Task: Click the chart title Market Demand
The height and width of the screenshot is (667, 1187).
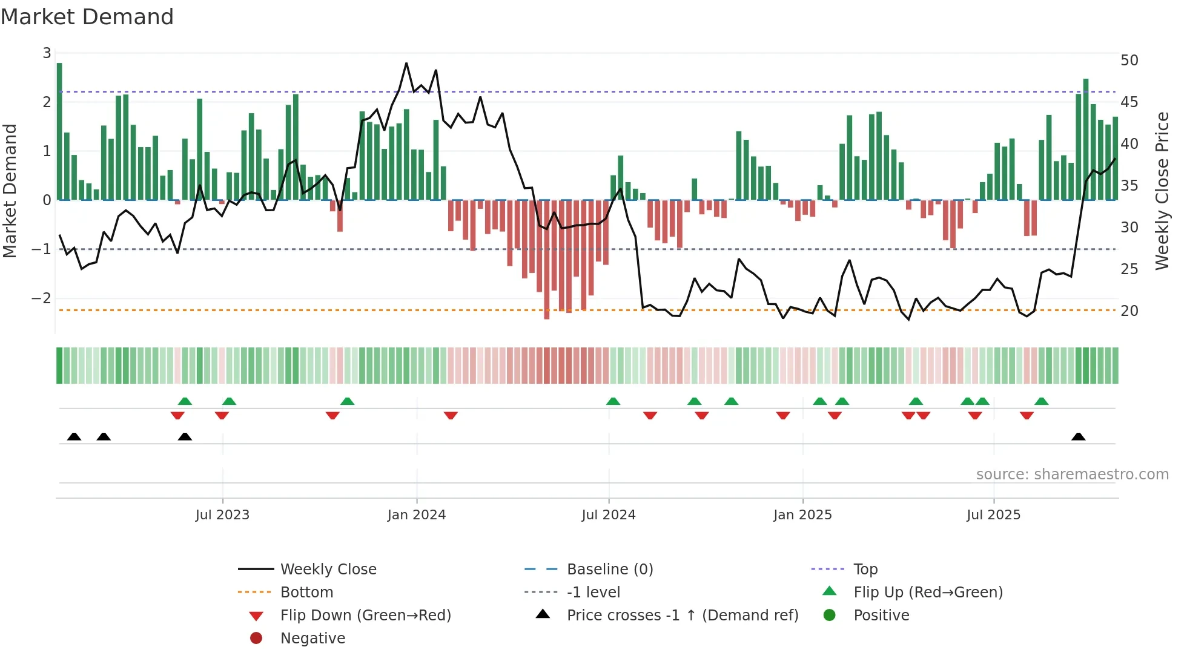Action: [87, 17]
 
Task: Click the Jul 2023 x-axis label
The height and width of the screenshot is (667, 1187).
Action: [222, 515]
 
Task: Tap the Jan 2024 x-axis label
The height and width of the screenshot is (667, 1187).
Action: [417, 515]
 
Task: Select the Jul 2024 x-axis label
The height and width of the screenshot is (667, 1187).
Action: [609, 515]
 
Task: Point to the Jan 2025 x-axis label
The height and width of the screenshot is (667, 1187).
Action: [802, 515]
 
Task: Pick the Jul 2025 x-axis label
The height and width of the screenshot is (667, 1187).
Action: [993, 515]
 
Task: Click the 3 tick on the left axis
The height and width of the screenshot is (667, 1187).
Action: [47, 53]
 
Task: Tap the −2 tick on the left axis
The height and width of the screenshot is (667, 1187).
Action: [41, 298]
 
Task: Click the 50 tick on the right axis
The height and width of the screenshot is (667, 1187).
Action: [1129, 61]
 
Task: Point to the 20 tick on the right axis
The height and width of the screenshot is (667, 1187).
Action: [1129, 311]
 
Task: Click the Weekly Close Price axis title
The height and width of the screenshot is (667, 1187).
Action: [1162, 191]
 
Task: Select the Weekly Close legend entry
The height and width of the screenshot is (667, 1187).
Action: [328, 570]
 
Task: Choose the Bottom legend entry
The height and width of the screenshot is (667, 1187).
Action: [306, 593]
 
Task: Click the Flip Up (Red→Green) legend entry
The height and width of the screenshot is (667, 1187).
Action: [928, 593]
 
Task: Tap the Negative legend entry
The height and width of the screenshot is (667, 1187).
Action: [312, 639]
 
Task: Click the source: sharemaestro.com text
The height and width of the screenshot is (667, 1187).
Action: [1072, 475]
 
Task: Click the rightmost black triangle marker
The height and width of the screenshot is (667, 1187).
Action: [1078, 437]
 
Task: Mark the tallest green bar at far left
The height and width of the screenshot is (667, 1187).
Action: [59, 131]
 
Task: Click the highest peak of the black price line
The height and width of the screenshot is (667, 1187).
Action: [406, 64]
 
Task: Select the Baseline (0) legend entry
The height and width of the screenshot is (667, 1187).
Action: [609, 570]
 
